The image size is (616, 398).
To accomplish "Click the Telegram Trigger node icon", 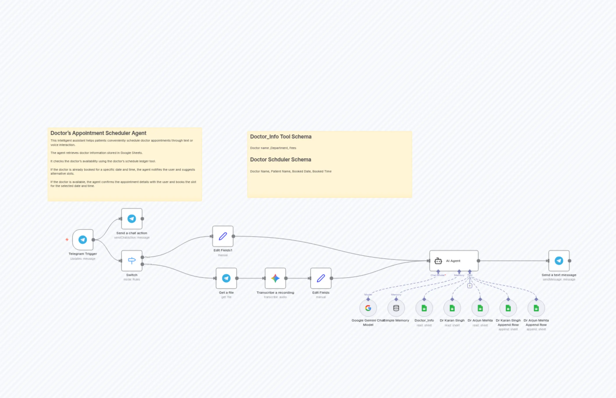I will point(83,240).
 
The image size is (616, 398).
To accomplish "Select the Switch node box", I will point(132,260).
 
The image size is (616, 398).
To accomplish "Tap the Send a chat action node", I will point(132,219).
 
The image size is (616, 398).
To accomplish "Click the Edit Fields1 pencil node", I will point(223,236).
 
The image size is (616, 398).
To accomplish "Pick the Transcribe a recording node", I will point(275,278).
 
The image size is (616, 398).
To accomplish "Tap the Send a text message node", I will point(559,260).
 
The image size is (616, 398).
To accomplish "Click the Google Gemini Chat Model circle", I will point(368,308).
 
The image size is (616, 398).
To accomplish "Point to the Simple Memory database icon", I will point(396,308).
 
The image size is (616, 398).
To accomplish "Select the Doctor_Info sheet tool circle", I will point(424,308).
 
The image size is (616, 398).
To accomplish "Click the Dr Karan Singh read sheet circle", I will point(452,308).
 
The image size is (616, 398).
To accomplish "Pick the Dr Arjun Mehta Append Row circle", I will point(536,308).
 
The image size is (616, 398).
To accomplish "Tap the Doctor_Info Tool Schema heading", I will point(281,137).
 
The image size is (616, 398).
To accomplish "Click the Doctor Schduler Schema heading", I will point(280,160).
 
